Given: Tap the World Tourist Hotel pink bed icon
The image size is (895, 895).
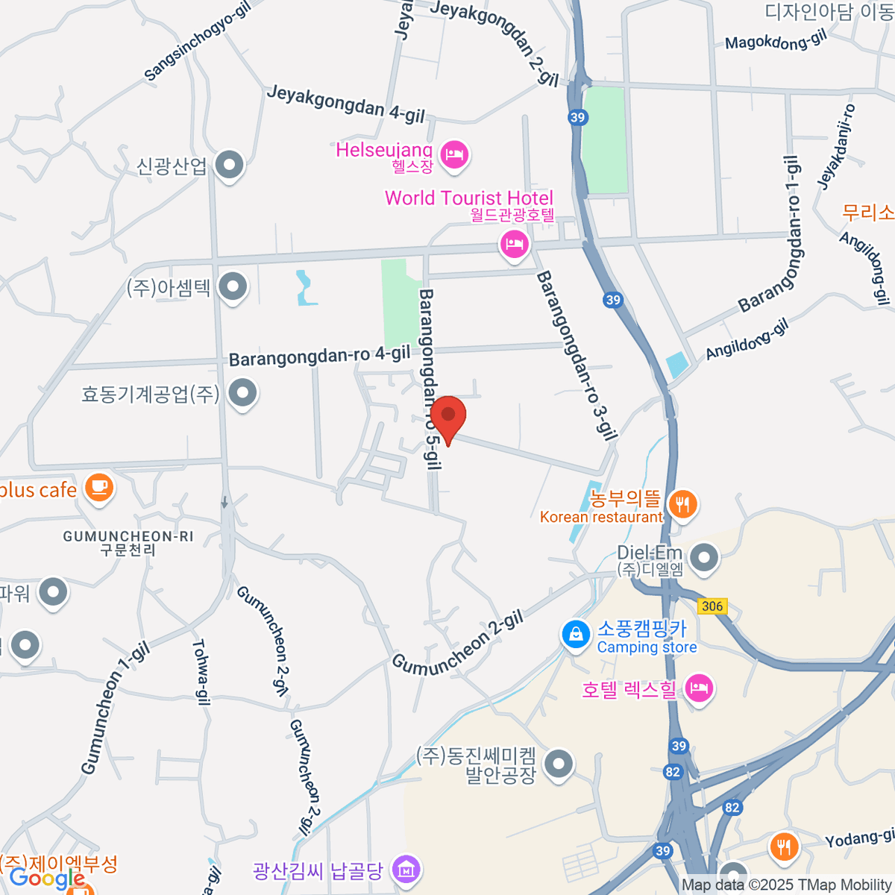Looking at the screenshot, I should pos(514,243).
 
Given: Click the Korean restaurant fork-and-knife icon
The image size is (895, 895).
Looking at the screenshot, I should pos(682,505).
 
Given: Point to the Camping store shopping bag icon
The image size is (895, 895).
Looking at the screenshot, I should pos(576,635).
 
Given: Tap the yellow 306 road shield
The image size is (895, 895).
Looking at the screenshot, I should pos(712,606).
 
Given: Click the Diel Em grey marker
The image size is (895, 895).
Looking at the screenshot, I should pos(704,557).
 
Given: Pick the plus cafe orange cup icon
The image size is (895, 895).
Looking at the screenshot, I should pos(98,487).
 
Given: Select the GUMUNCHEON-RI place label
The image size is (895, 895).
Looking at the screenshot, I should pos(128,536).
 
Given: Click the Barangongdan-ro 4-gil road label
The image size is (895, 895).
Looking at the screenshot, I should pos(319,356).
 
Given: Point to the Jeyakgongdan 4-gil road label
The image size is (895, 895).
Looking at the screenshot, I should pos(345,104).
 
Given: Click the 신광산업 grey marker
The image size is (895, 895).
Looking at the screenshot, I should pos(229,165).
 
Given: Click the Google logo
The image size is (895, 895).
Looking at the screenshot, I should pos(46,878).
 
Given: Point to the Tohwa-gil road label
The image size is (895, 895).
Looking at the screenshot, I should pos(201,671).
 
